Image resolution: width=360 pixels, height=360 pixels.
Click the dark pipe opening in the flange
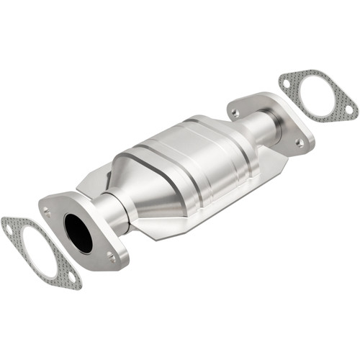pyautogui.click(x=78, y=233)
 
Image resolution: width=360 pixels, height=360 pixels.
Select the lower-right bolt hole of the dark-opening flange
pyautogui.click(x=111, y=255)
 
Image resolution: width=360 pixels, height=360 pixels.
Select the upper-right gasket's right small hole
pyautogui.click(x=348, y=109)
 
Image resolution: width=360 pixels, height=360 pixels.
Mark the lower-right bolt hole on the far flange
pyautogui.click(x=299, y=143)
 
